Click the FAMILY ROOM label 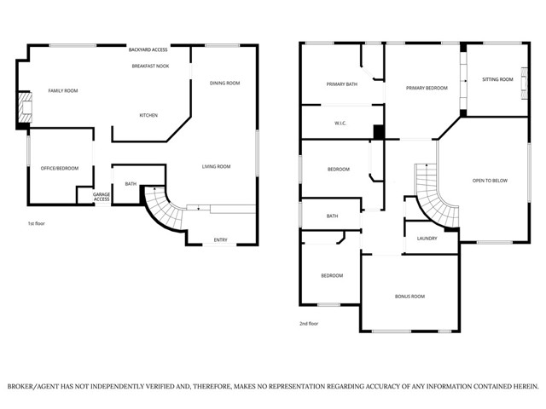pos(62,90)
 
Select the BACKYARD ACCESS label pos(148,50)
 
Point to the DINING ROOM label pos(224,83)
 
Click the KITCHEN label pos(149,115)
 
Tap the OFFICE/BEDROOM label pos(60,168)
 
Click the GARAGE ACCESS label pos(102,197)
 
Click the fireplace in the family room pos(25,109)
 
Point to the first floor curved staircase pos(162,210)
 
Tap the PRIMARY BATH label pos(341,84)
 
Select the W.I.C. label pos(339,124)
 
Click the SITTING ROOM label pos(497,79)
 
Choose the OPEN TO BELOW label pos(490,181)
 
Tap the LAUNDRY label pos(427,238)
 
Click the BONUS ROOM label pos(409,296)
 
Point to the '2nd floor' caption pos(309,324)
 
